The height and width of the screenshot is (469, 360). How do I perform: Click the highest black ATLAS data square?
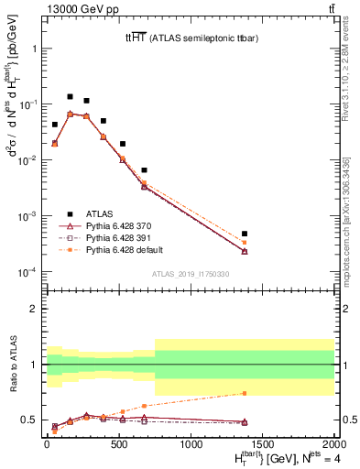(70, 96)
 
